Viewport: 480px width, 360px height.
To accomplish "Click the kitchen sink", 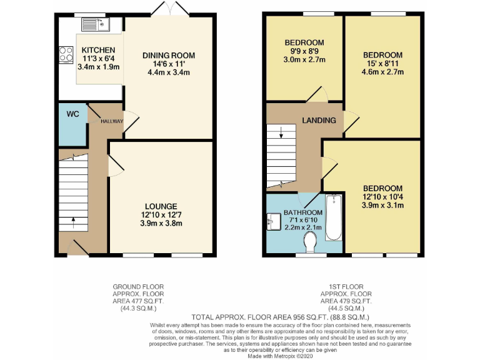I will (96, 24).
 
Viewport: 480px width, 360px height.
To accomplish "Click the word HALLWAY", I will (112, 121).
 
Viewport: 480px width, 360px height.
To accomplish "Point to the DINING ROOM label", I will (168, 56).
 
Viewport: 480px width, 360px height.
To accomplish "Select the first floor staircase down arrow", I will (281, 132).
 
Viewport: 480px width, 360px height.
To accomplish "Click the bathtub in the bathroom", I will (334, 217).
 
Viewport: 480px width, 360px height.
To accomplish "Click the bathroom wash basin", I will (273, 220).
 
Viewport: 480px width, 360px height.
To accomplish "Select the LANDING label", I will (319, 120).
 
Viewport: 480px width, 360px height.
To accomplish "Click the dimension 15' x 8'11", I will (382, 64).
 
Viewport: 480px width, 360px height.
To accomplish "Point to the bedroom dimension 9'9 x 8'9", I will (304, 51).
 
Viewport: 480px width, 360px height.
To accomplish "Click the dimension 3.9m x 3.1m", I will (382, 206).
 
